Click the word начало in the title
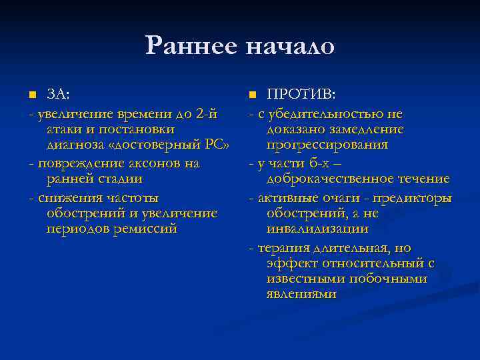(x=290, y=46)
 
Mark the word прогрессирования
(x=327, y=145)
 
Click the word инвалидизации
(x=317, y=229)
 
